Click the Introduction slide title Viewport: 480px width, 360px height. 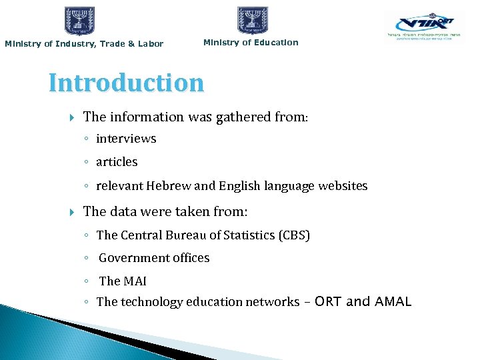126,83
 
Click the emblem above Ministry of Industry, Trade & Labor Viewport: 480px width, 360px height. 80,21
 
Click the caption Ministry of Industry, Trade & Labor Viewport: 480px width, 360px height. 84,44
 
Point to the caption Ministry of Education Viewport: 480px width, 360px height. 251,43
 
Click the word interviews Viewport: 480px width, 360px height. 126,139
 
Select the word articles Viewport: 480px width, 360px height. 117,162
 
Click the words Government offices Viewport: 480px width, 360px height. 154,258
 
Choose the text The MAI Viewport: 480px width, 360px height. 123,281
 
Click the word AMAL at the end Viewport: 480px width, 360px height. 393,302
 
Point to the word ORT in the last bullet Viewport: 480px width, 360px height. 328,302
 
